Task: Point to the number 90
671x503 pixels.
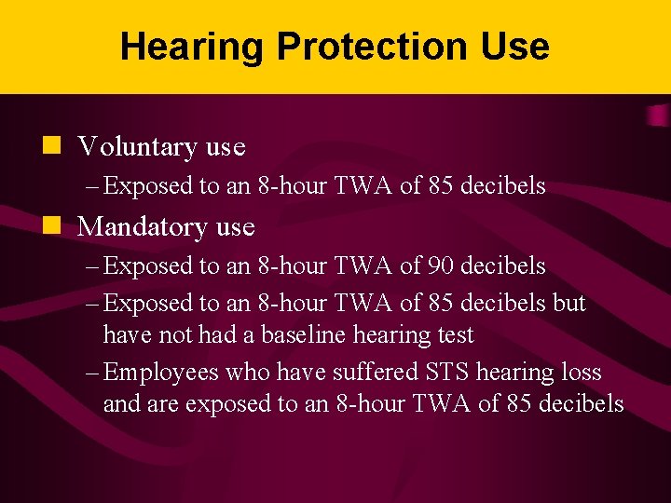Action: (x=442, y=266)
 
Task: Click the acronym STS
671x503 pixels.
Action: (x=445, y=373)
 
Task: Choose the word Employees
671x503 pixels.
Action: (x=160, y=373)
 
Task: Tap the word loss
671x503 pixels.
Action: (x=581, y=373)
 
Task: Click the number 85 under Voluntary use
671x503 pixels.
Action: (x=442, y=186)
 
